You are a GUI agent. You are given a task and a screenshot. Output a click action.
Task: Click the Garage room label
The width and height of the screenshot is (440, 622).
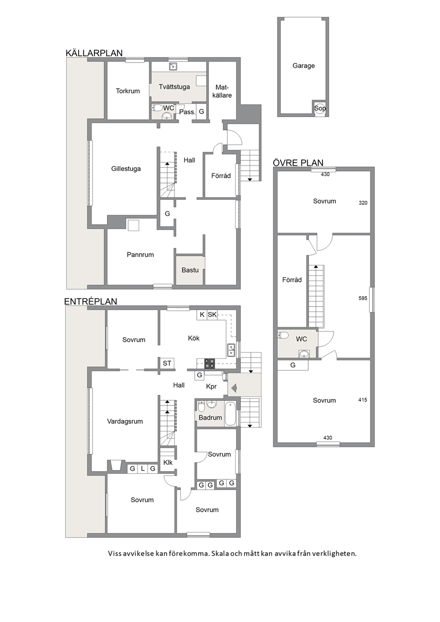[303, 66]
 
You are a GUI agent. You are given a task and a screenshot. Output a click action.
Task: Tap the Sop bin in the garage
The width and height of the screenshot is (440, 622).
[320, 108]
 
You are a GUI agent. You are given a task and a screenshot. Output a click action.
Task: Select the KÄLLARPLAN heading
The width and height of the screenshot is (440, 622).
[94, 53]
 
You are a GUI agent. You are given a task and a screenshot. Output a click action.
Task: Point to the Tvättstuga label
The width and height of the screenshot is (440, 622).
[174, 86]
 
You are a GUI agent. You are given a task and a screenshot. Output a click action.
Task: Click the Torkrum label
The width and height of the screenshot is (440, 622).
[128, 91]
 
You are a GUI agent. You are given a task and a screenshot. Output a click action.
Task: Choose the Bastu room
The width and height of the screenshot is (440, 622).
[190, 270]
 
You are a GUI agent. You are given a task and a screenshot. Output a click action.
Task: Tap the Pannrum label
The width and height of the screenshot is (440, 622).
[140, 254]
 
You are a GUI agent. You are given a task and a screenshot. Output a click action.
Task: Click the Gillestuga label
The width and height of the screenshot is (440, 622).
[126, 168]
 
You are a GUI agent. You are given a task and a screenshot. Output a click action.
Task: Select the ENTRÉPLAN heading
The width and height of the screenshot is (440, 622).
[90, 301]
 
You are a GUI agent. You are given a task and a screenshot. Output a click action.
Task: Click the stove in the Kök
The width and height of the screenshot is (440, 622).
[209, 364]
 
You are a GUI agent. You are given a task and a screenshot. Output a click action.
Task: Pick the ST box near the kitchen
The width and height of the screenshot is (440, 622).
[167, 363]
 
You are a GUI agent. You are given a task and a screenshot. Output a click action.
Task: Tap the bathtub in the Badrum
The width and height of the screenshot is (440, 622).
[230, 414]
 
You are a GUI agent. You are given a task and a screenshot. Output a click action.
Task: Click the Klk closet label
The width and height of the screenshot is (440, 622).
[168, 462]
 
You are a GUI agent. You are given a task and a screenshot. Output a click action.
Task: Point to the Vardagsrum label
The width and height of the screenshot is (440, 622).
[125, 421]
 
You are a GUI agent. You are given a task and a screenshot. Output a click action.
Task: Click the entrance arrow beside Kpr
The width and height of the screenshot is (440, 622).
[233, 387]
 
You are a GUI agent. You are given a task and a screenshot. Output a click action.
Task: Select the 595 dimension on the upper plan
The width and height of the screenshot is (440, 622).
[363, 298]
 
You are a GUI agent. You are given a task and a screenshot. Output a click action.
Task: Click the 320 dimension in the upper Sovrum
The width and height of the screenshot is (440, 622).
[363, 203]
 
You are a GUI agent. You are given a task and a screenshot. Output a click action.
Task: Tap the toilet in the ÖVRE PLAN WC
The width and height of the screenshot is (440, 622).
[283, 336]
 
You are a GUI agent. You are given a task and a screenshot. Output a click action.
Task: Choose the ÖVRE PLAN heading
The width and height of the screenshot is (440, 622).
[298, 163]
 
